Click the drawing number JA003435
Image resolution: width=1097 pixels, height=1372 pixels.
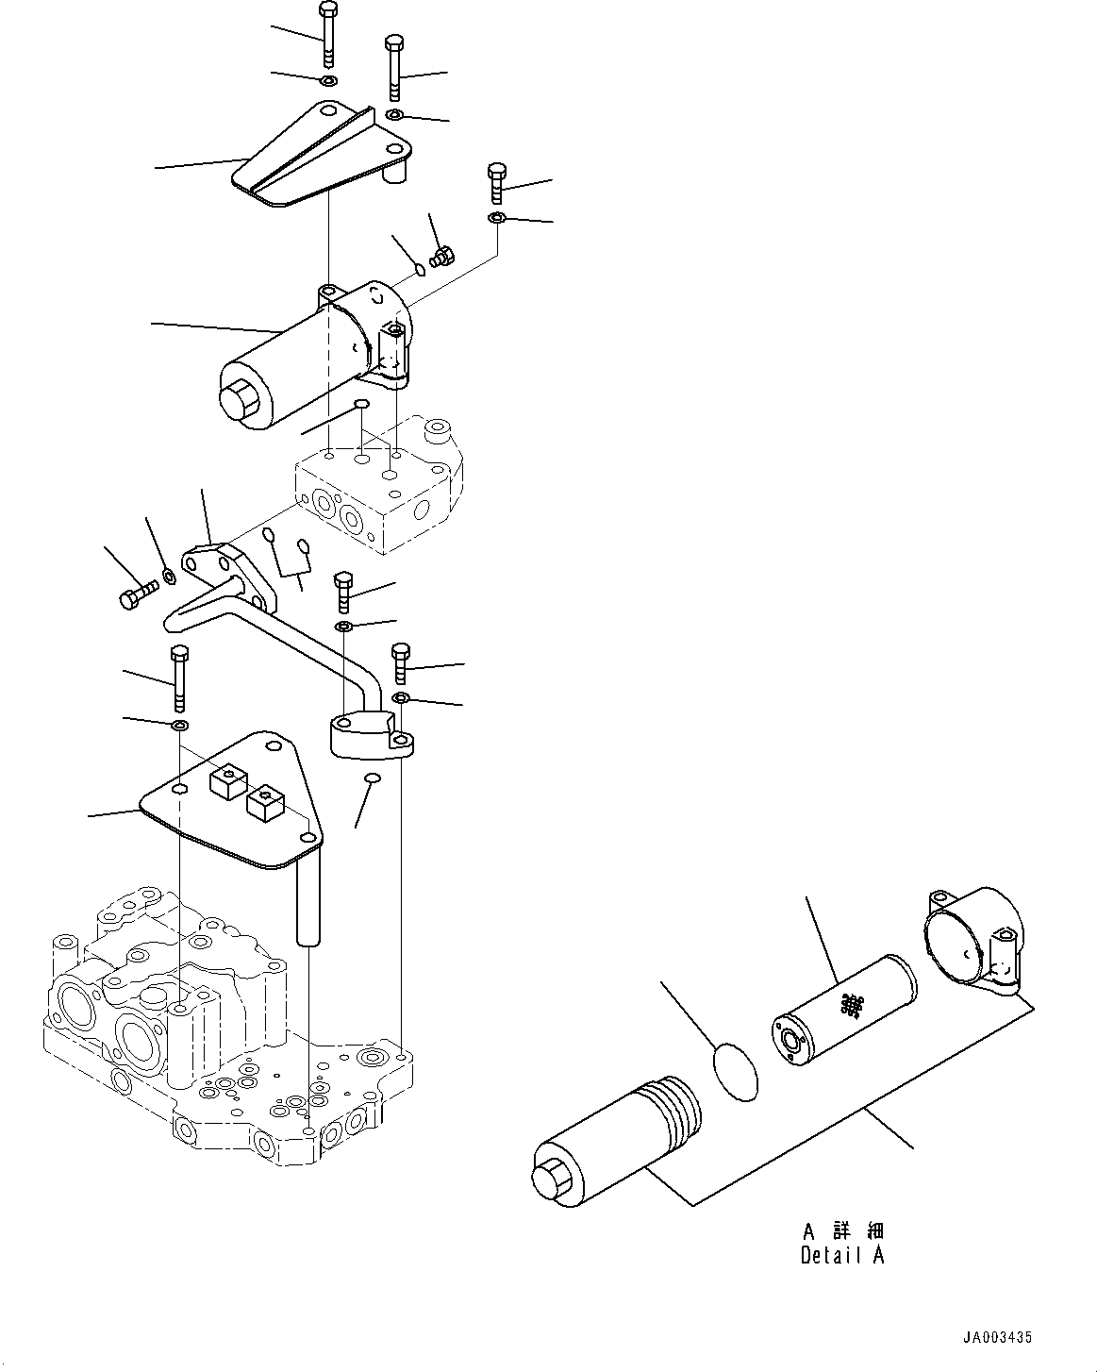[x=998, y=1337]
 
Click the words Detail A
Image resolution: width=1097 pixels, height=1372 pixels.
[x=842, y=1256]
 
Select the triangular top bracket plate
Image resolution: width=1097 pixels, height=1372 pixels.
[x=321, y=160]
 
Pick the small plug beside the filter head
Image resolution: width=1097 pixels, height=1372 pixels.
[x=441, y=255]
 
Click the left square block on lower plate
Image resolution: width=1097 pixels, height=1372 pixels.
[x=228, y=782]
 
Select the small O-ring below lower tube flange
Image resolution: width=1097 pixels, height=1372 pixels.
[x=373, y=778]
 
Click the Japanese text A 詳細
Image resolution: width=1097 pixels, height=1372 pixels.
[x=842, y=1231]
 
